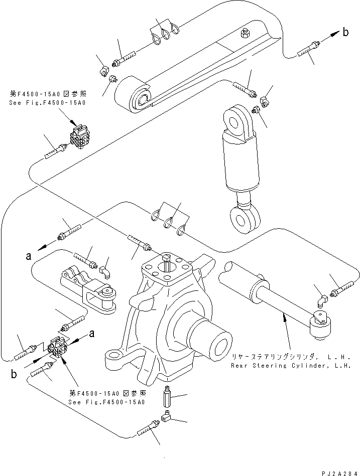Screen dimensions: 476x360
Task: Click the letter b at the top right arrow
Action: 346,33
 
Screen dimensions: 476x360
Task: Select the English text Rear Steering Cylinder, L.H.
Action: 288,366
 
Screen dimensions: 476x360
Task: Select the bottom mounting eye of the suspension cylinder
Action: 245,219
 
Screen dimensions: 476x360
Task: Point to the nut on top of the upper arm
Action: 245,34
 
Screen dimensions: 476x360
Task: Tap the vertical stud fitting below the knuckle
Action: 167,397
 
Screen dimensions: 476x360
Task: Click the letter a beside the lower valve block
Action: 92,334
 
